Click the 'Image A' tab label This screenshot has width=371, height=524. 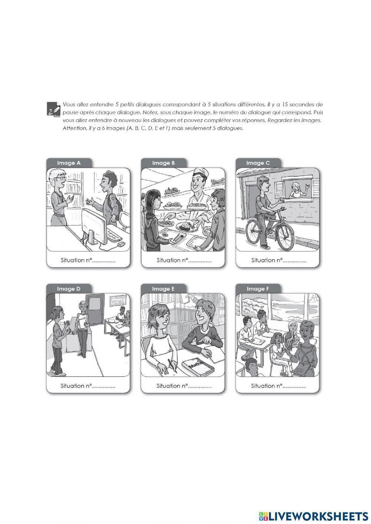click(69, 163)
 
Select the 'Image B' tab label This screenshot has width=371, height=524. click(163, 163)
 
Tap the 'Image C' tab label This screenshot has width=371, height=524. click(258, 163)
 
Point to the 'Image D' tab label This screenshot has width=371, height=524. click(69, 289)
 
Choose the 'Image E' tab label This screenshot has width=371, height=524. click(163, 289)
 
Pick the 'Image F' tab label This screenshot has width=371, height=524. click(258, 289)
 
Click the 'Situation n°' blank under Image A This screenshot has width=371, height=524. click(104, 260)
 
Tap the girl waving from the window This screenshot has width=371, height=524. click(296, 190)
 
